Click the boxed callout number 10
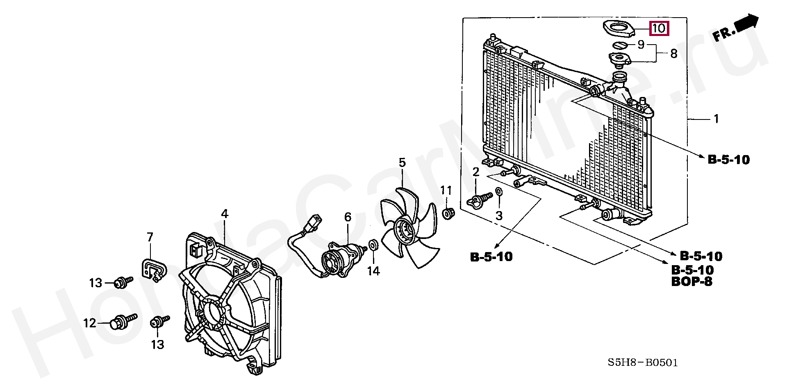(x=659, y=28)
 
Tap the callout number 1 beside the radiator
(x=716, y=119)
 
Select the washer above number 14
(x=373, y=245)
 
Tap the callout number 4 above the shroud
(x=224, y=214)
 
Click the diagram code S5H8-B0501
(x=643, y=363)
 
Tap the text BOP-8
(x=692, y=282)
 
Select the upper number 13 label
(x=96, y=283)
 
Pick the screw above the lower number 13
(x=160, y=322)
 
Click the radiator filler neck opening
(x=620, y=76)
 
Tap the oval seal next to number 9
(x=620, y=45)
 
